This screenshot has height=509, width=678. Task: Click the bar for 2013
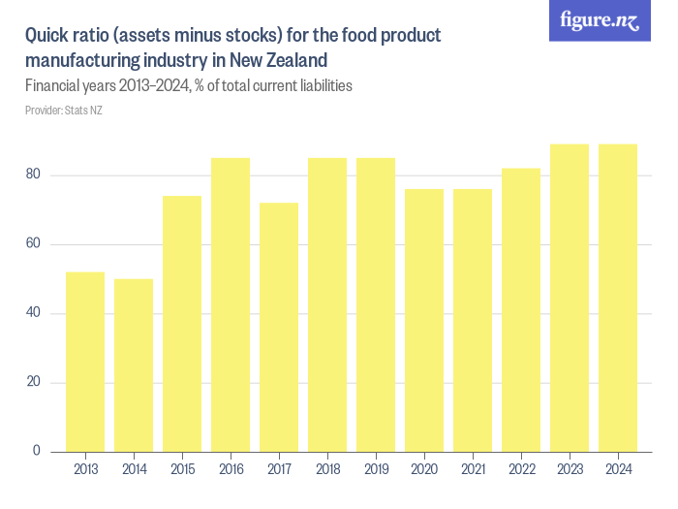(x=85, y=361)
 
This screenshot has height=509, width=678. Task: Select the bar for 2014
(x=134, y=365)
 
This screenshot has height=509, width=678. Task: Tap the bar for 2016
(x=231, y=304)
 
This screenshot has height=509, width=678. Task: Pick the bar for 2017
(x=279, y=327)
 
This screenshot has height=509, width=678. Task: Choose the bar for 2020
(x=424, y=320)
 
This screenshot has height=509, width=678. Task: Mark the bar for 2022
(x=521, y=309)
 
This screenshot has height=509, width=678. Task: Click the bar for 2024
(x=618, y=298)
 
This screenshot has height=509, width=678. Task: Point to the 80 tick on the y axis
(x=34, y=175)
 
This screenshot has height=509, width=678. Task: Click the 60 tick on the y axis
(x=34, y=243)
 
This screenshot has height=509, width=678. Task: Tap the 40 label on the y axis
(x=34, y=313)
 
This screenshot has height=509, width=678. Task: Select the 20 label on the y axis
(x=34, y=382)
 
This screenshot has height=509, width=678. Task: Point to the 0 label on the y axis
(x=37, y=451)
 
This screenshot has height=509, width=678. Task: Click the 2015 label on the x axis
(x=182, y=469)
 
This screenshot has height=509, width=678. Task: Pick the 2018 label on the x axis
(x=327, y=469)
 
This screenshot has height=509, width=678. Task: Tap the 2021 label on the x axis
(x=473, y=469)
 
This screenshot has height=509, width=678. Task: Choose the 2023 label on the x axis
(x=570, y=469)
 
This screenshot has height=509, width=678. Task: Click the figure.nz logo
(x=600, y=20)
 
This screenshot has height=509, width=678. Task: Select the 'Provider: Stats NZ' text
(x=63, y=111)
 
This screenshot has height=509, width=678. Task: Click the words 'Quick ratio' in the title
(x=66, y=36)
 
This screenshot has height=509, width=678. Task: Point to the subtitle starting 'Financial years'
(x=188, y=85)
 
